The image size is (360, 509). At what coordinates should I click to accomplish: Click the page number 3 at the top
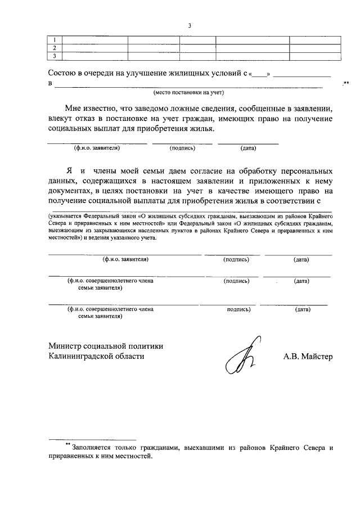coord(190,25)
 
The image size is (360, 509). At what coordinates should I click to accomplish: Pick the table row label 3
coord(54,56)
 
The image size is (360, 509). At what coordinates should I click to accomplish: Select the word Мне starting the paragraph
coord(74,109)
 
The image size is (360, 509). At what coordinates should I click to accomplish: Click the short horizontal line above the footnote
coord(92,439)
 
